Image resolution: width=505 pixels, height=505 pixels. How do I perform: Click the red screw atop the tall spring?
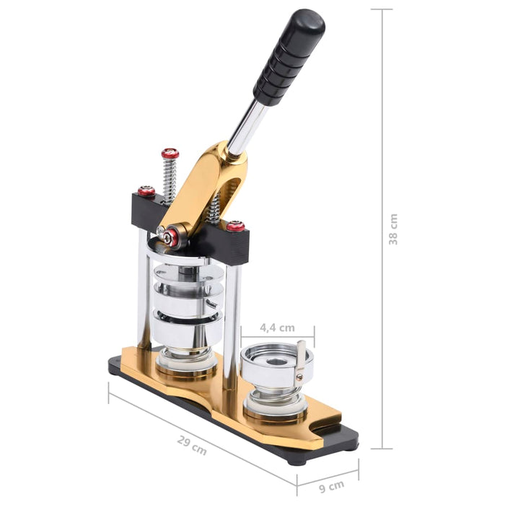click(170, 154)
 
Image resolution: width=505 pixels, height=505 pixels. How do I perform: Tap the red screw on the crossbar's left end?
click(146, 191)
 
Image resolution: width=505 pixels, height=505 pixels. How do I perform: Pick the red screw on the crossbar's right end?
click(236, 226)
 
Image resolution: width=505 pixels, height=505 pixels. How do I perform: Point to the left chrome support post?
click(144, 296)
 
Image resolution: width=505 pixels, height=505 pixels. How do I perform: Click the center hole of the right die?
click(276, 359)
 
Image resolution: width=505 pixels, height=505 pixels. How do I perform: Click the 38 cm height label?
click(393, 229)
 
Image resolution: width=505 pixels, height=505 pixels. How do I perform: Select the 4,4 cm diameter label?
click(278, 327)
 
